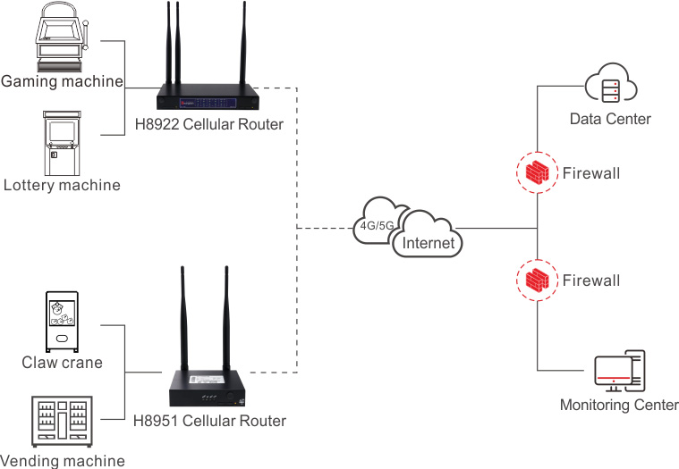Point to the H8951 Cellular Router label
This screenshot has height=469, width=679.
click(x=209, y=421)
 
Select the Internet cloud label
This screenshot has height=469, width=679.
click(x=429, y=242)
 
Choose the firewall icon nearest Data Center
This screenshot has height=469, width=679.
click(x=537, y=172)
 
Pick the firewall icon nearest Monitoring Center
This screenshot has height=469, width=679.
click(x=537, y=281)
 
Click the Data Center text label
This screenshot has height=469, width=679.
click(x=610, y=119)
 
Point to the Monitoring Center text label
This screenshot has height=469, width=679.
click(x=619, y=406)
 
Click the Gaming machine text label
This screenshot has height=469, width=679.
click(x=62, y=81)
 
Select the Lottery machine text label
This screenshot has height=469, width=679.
click(x=62, y=185)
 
